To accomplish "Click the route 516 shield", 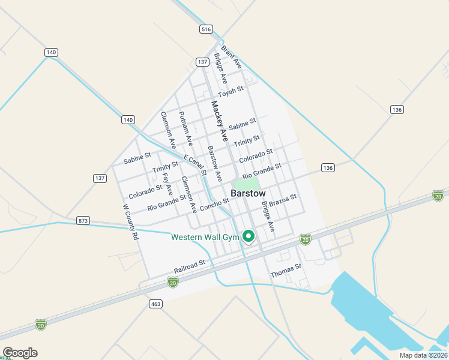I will point(206,29).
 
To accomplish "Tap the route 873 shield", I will point(83,221).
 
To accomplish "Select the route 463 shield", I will point(155,304).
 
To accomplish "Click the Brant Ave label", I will point(231,56).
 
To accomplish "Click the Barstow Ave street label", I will point(215,164).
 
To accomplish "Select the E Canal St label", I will point(195,165).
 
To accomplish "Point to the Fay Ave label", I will point(167,184).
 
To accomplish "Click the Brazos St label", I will point(283,200).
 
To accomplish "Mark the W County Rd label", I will point(130,222).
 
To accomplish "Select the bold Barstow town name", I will point(248,194).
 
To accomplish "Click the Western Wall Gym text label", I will point(205,237).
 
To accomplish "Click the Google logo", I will point(20,353).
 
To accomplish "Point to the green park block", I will point(246,183).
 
